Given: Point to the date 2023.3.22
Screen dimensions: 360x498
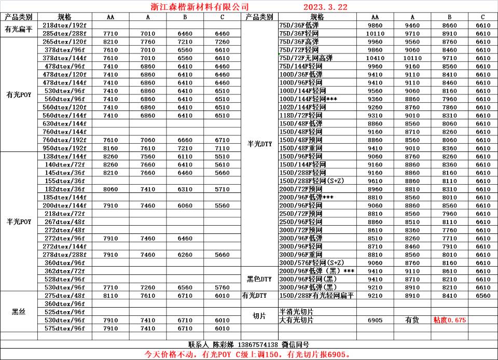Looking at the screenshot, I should [325, 7].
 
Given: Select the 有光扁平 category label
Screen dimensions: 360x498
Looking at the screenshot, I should [19, 29].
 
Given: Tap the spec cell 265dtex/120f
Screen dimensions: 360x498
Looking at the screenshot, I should [64, 41].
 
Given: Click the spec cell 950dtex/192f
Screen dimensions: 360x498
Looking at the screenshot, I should [64, 148].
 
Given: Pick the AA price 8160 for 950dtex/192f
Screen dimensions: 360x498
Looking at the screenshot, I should [110, 148].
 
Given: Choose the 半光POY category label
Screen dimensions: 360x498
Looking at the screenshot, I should [19, 221].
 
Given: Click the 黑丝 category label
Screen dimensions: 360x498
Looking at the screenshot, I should [19, 312].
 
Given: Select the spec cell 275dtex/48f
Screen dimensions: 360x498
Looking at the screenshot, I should [64, 296].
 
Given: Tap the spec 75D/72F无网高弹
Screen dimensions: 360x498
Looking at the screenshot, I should [307, 58].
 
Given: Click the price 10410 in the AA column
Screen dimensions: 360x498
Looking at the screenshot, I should [375, 58].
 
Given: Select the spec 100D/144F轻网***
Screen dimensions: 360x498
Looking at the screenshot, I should [308, 99].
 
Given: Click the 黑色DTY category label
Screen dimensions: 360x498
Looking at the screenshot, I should [259, 279].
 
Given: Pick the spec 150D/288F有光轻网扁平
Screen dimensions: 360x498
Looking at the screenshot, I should [316, 296].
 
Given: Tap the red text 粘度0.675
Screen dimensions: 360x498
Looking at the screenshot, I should [449, 320].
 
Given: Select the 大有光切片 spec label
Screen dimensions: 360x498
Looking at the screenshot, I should [296, 320].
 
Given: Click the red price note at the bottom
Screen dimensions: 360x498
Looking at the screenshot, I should [248, 355].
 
